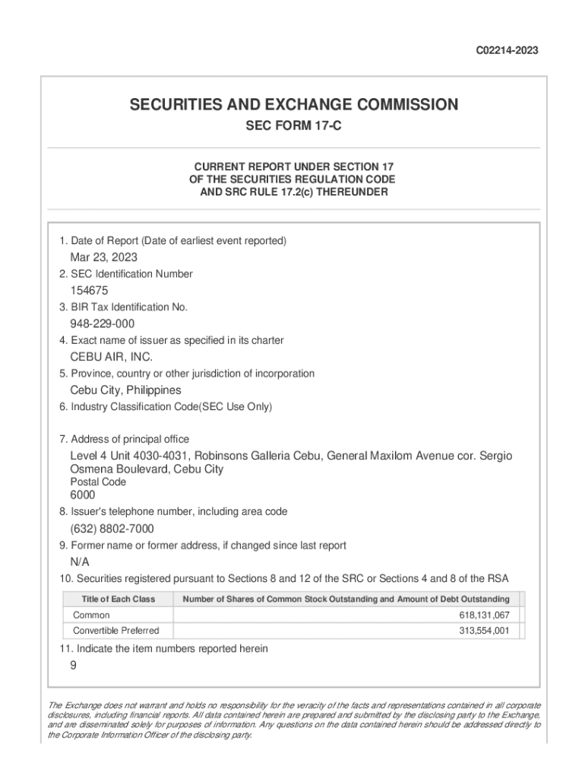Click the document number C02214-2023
coord(507,51)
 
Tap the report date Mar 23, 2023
coord(104,257)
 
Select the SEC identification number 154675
coord(90,291)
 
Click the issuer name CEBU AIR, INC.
coord(112,357)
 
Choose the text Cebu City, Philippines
coord(125,390)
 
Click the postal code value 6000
coord(83,495)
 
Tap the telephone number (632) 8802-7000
coord(112,529)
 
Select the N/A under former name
coord(80,562)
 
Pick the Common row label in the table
coord(91,615)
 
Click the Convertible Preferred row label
coord(115,631)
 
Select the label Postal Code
coord(98,482)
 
